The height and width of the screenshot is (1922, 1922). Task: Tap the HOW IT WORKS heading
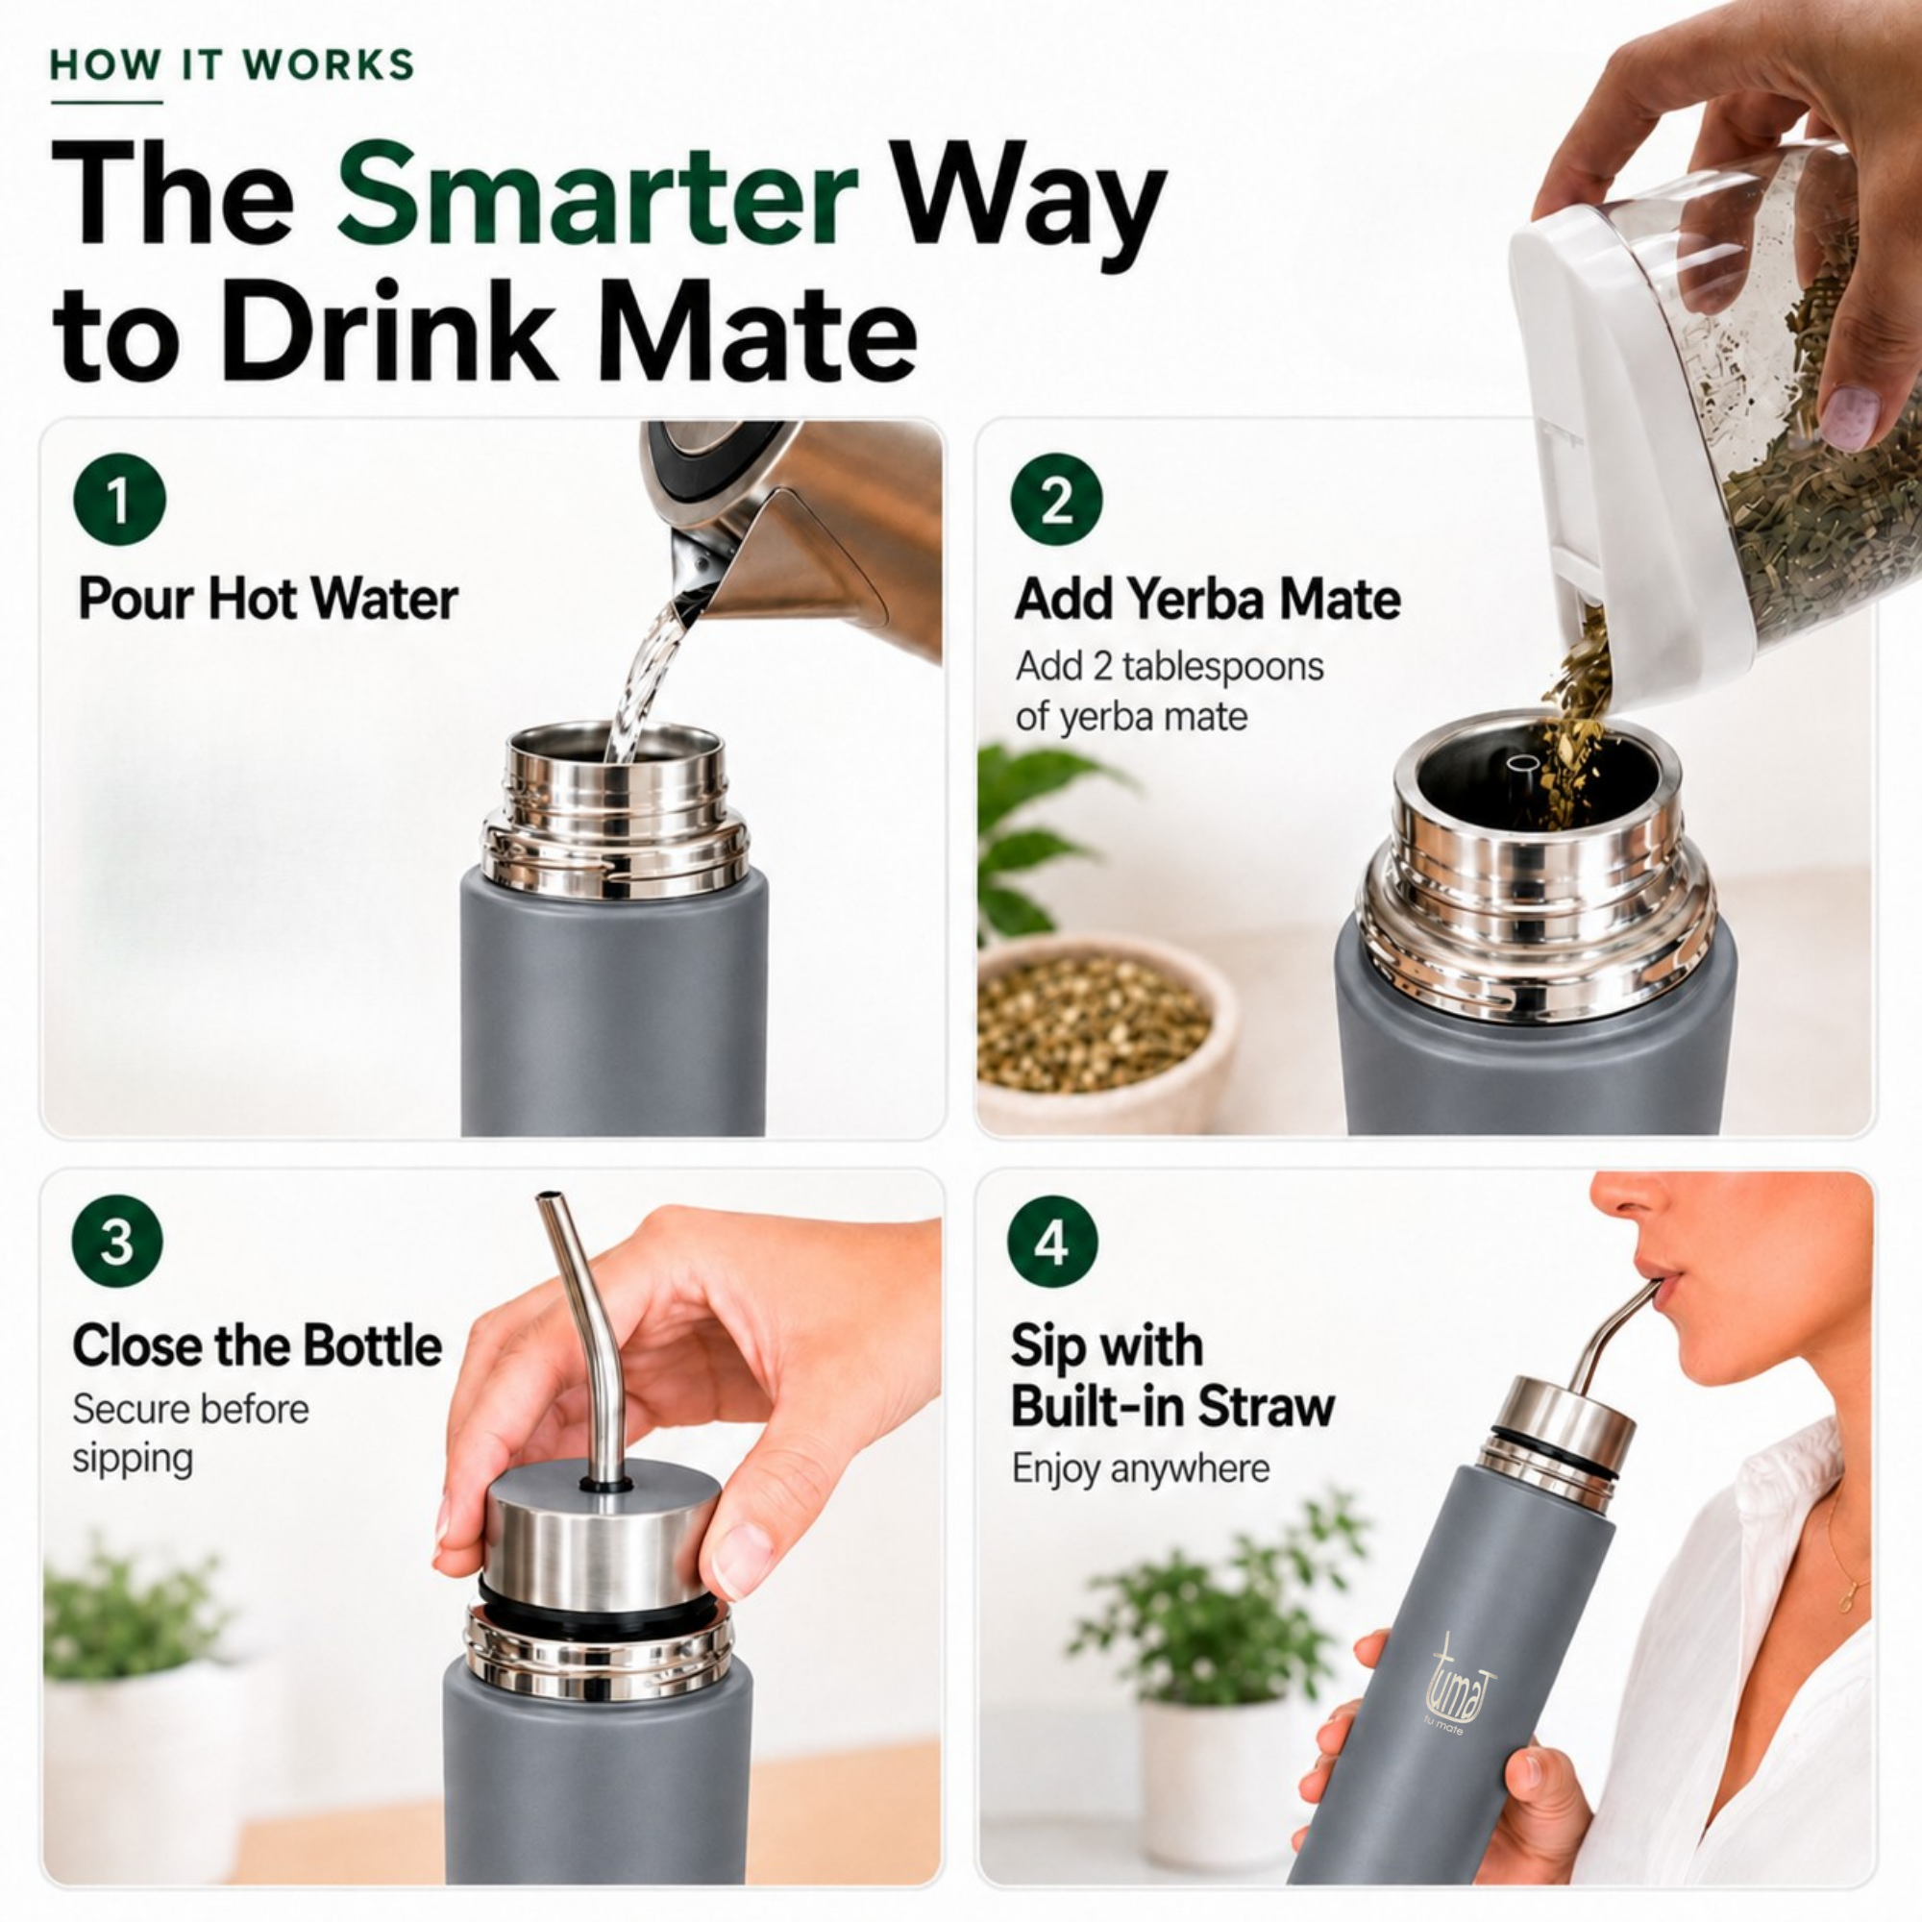click(232, 65)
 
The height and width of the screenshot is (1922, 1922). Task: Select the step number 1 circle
click(118, 500)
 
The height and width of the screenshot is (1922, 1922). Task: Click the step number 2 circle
click(1056, 500)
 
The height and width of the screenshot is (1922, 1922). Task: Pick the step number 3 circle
click(117, 1242)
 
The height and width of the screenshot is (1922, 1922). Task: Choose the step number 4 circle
click(1052, 1242)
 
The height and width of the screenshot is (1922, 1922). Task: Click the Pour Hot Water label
click(267, 599)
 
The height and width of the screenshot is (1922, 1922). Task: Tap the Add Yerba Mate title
click(1208, 599)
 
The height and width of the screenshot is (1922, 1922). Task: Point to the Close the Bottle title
click(257, 1345)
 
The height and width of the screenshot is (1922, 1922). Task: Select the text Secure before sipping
click(190, 1434)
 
